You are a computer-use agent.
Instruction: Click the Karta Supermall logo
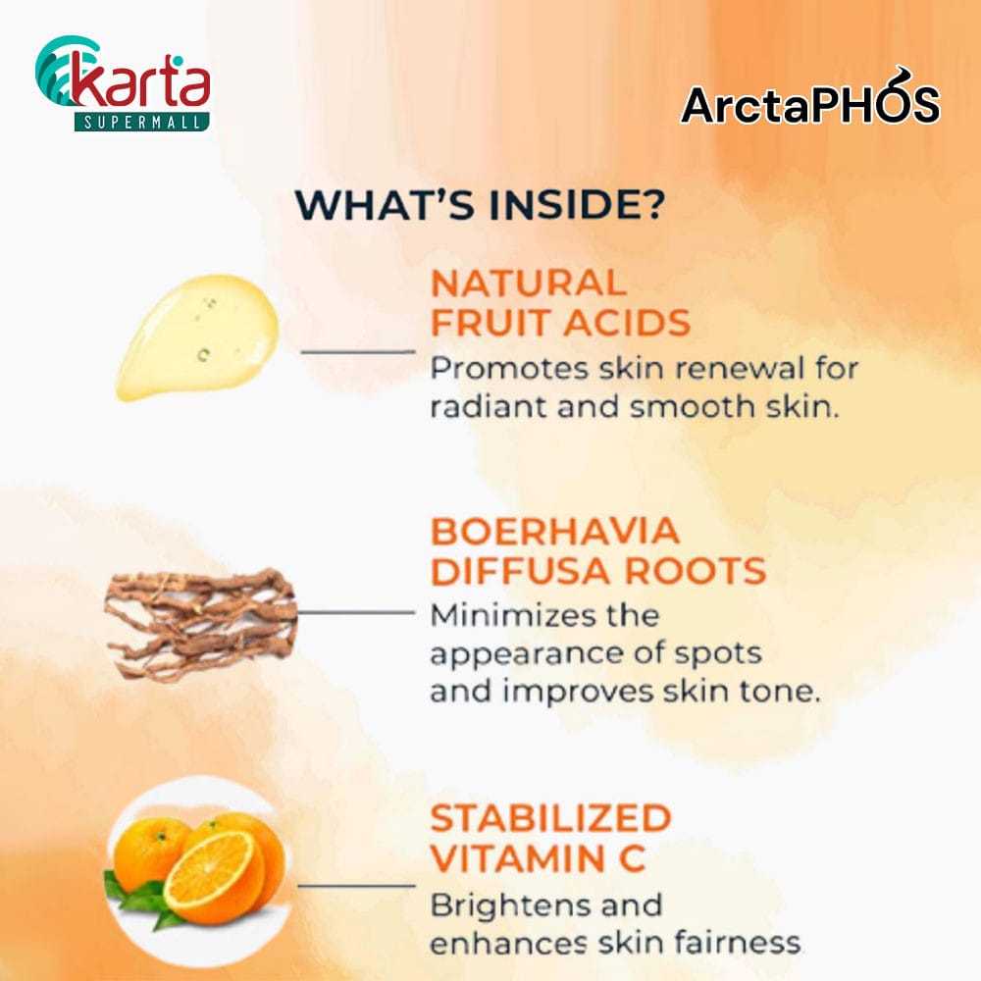[x=123, y=83]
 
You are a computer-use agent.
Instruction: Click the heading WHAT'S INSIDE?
[x=480, y=204]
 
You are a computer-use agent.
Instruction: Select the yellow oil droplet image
[x=198, y=336]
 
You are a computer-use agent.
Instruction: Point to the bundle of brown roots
[x=200, y=624]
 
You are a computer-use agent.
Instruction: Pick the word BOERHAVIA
[x=555, y=531]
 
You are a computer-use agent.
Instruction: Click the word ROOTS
[x=696, y=571]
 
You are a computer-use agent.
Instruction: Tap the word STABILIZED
[x=551, y=818]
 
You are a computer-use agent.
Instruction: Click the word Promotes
[x=509, y=368]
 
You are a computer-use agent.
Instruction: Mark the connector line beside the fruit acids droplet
[x=358, y=351]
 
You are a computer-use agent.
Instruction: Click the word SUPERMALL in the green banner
[x=141, y=122]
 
